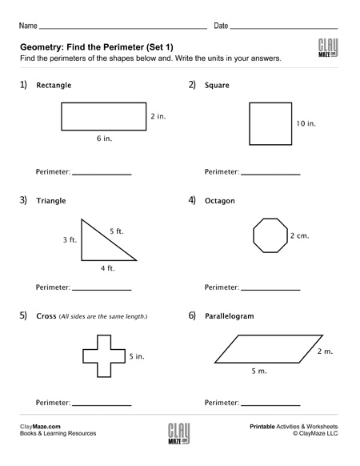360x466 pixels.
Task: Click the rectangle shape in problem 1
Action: pos(102,116)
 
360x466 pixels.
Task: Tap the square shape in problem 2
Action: pos(270,123)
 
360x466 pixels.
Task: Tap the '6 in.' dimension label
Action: pos(103,139)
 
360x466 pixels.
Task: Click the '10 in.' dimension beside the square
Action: pos(306,124)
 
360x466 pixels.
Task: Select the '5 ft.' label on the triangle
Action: pos(117,231)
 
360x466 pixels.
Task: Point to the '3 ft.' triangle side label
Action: pos(70,239)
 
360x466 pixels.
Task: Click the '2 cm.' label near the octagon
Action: pos(299,236)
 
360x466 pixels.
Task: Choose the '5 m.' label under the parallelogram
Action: pos(259,372)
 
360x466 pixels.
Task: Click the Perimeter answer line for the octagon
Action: pos(270,288)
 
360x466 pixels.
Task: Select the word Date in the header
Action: pos(221,26)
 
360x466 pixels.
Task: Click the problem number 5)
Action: pos(24,315)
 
